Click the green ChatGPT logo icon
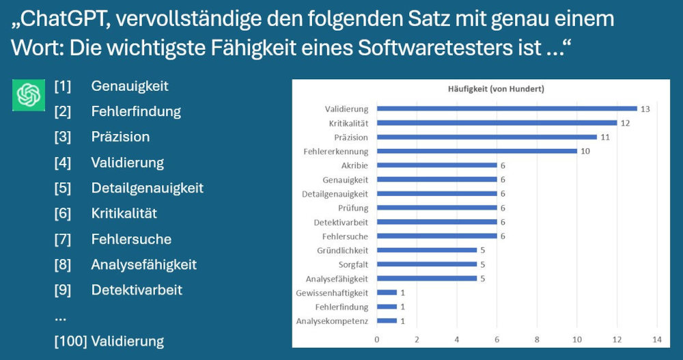29,95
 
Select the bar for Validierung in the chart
506,109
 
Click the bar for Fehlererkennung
476,151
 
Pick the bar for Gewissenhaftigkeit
387,292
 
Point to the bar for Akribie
436,165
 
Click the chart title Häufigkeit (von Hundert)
477,89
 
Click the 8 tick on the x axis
537,339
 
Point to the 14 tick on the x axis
657,339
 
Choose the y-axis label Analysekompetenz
332,321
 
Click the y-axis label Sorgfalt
353,264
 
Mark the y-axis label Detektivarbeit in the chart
341,222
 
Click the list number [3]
63,137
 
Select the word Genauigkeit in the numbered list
130,86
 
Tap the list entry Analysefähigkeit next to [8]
144,264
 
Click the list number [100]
70,341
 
